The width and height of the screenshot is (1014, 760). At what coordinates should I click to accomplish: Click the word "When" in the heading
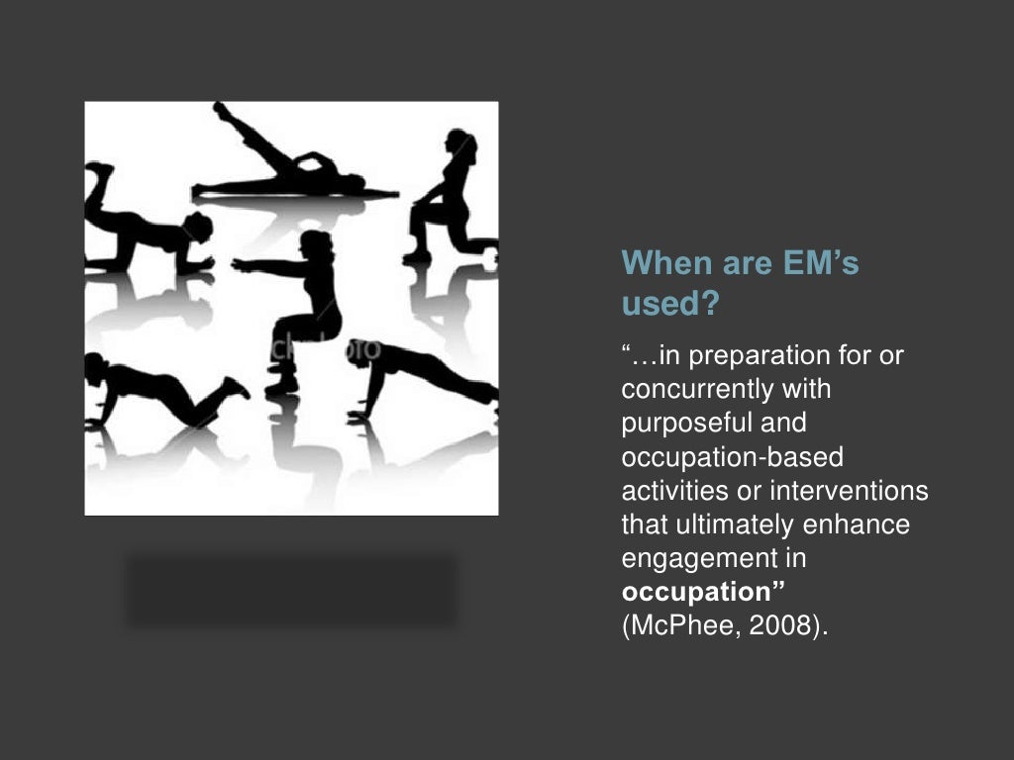(x=660, y=264)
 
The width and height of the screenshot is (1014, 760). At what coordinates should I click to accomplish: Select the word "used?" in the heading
(x=669, y=305)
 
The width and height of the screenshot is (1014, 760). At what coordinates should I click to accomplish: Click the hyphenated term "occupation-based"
(x=732, y=457)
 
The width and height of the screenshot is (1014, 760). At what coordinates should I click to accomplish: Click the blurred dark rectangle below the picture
(x=291, y=591)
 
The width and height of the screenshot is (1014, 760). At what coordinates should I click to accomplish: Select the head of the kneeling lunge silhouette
(x=460, y=144)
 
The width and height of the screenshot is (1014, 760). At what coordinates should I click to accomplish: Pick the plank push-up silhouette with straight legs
(x=421, y=376)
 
